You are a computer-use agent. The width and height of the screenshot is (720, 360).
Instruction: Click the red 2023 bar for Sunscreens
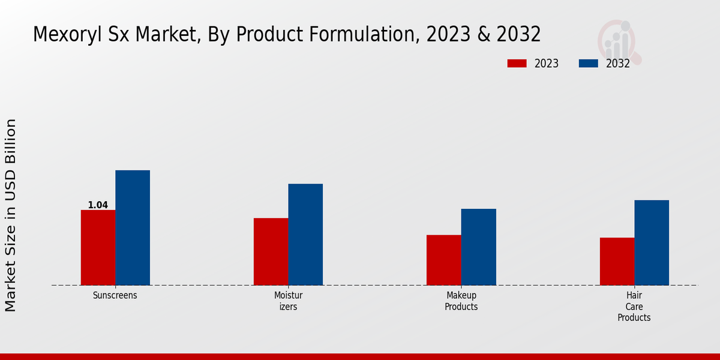98,247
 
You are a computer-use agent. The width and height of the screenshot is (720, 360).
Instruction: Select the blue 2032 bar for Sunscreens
133,227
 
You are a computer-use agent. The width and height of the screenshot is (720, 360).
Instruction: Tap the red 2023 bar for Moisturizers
271,251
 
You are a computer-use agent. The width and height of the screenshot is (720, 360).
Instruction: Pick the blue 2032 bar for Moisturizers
305,234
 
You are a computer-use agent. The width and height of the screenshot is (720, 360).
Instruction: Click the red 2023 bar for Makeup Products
444,260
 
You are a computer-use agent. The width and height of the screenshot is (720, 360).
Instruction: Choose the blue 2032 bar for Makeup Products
479,247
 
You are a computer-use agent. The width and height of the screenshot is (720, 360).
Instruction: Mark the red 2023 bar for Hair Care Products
617,261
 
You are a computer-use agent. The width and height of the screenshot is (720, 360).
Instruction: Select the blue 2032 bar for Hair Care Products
652,242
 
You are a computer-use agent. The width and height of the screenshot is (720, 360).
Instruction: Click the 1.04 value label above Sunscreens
98,205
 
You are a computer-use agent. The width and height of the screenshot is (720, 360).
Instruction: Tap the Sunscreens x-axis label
115,296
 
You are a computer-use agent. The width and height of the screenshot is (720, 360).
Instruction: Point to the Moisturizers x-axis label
288,301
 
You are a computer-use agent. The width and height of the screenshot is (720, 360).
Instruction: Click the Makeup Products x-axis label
461,301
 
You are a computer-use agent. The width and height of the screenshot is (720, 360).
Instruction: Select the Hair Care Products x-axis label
634,307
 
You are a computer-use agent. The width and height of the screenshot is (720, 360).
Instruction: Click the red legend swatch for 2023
517,64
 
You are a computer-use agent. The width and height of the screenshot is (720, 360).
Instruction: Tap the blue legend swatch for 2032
588,64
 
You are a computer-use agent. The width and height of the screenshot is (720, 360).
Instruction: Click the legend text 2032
617,64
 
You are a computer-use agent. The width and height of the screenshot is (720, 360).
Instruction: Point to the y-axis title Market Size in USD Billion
11,215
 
